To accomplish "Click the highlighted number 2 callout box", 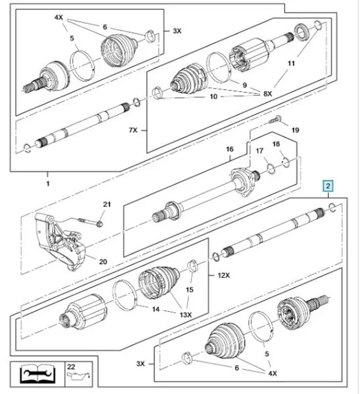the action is coord(328,186).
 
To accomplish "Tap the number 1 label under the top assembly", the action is coord(48,184).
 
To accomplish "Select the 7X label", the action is coord(133,130).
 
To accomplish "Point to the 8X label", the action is coord(267,94).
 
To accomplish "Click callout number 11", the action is coord(291,63).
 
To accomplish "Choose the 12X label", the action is coord(223,275).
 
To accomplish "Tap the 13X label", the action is coord(185,315).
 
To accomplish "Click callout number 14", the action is coord(156,309).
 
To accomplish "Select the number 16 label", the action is coord(229,149).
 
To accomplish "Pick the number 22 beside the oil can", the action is coord(71,366).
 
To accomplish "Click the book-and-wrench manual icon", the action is coord(37,373).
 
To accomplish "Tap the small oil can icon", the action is coord(78,377).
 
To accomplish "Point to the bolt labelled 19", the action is coord(275,120).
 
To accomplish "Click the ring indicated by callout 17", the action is coord(271,169).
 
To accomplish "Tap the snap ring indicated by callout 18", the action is coord(286,162).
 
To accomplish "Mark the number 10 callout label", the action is coord(214,97).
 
